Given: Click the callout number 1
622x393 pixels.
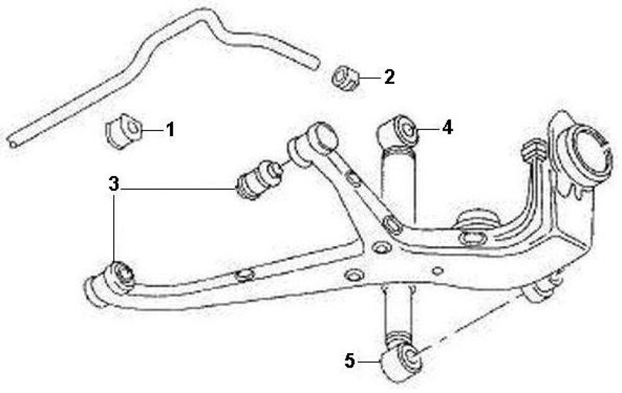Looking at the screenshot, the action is point(170,130).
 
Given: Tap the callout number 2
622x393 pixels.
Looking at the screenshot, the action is point(389,76).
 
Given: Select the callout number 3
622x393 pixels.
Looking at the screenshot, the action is point(114,184).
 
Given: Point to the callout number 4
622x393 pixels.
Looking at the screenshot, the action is point(447,127).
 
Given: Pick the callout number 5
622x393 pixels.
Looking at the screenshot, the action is point(350,361).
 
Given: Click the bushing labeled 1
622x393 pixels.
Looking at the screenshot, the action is point(123,131).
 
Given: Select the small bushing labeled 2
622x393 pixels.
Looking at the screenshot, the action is point(345,78).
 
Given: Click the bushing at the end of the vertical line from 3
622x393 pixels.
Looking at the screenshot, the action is point(118,277).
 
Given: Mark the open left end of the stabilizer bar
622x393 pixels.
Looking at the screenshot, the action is point(12,144).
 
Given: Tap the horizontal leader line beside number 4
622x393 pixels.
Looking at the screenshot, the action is point(428,129).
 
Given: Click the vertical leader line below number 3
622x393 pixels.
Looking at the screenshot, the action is point(114,227).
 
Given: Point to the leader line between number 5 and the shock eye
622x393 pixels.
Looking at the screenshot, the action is point(369,362).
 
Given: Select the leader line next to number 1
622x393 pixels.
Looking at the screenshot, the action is point(152,130).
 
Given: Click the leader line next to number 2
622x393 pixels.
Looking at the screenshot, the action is point(369,77).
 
